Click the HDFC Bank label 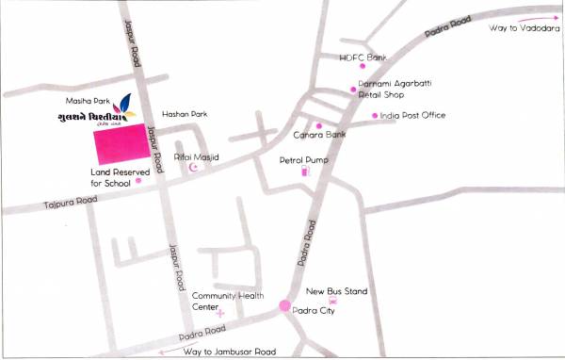tap(363, 57)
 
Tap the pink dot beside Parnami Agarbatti tap(353, 90)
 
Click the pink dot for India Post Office tap(374, 116)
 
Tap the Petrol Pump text tap(303, 160)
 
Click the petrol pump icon tap(304, 172)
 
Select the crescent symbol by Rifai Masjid tap(196, 168)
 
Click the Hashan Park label tap(184, 113)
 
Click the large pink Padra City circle tap(284, 306)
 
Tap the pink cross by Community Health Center tap(220, 311)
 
